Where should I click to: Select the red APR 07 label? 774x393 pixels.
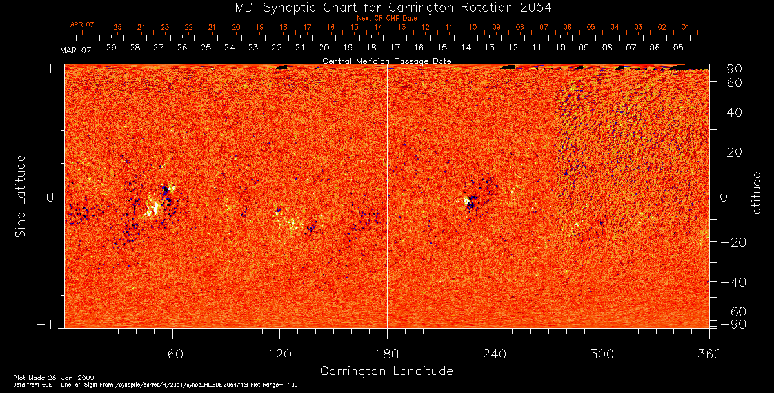82,24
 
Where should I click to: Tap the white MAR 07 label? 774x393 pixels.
75,51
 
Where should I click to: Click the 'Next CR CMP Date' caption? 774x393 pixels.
387,18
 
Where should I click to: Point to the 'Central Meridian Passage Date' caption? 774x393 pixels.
386,61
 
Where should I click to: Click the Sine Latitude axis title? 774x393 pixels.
21,195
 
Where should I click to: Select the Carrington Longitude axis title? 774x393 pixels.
386,371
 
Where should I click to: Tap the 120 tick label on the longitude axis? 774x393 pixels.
279,354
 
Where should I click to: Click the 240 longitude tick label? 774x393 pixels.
495,354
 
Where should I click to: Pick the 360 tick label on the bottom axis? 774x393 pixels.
709,354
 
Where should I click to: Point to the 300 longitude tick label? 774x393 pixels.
602,354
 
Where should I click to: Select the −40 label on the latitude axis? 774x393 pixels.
733,282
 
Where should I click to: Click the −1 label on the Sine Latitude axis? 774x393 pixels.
48,324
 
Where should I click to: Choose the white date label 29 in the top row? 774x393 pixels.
111,48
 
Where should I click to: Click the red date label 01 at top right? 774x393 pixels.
685,28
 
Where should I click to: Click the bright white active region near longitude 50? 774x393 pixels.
154,209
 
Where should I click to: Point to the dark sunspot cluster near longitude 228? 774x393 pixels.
470,204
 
